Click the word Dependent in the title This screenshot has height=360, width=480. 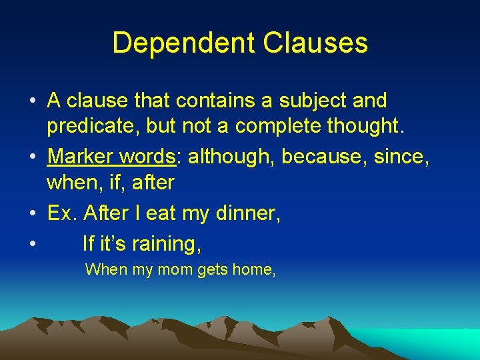tap(184, 43)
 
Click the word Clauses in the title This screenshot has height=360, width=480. tap(315, 43)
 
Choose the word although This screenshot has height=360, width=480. tap(231, 157)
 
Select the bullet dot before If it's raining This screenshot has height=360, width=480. tap(33, 244)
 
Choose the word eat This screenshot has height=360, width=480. tap(160, 213)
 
